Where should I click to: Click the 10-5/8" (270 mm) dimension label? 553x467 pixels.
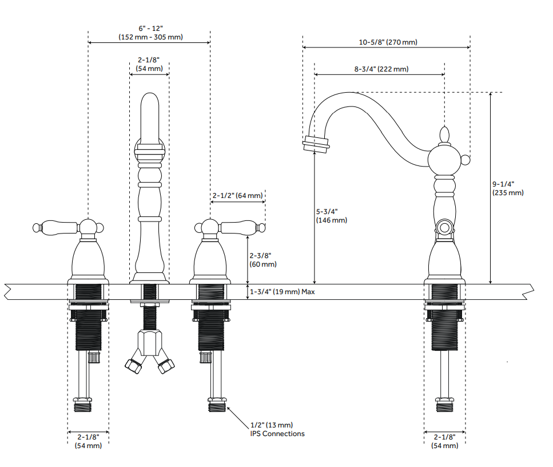click(388, 42)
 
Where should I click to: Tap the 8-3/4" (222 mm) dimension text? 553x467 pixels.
click(381, 69)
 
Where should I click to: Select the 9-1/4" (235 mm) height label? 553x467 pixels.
click(508, 188)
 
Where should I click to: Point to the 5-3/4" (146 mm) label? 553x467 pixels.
click(332, 216)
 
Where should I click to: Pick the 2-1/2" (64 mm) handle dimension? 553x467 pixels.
click(237, 196)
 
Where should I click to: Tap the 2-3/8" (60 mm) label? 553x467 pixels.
click(263, 260)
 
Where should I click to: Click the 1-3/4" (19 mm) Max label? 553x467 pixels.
click(282, 292)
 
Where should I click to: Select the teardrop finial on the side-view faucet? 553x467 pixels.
click(445, 136)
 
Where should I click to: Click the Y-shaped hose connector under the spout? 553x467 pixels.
click(149, 351)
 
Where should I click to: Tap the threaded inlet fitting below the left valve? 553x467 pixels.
click(83, 405)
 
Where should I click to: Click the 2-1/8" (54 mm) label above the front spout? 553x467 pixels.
click(149, 64)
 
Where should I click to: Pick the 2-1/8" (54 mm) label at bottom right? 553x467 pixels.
click(444, 442)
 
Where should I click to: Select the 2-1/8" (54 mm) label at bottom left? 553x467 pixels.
click(88, 442)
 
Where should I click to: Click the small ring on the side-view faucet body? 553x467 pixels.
click(445, 227)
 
